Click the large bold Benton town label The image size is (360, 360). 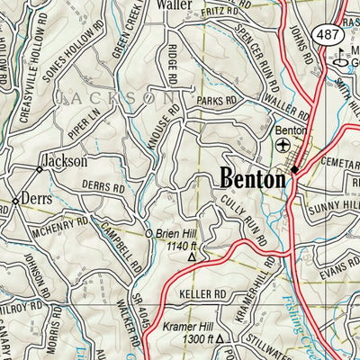coord(253,178)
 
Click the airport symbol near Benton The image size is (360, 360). coord(284,144)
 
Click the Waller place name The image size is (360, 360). coord(175,5)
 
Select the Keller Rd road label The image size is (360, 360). coord(202,294)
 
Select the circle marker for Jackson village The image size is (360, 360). coord(39,168)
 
